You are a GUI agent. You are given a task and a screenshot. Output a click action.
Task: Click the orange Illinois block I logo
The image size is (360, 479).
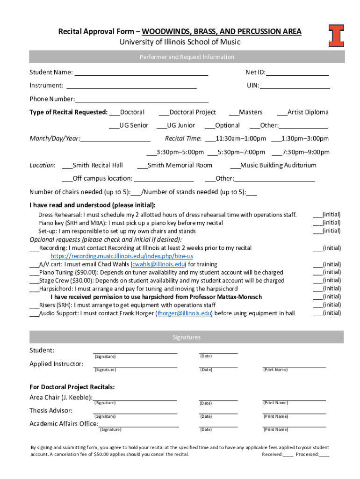[x=336, y=36]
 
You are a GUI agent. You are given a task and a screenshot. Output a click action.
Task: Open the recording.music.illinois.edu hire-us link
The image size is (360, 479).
[x=122, y=256]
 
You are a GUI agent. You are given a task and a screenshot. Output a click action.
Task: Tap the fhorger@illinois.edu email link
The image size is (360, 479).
[x=185, y=313]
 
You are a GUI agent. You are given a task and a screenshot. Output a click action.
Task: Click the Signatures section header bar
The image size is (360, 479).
[x=187, y=337]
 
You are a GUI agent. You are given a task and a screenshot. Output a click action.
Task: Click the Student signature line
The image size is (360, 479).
[x=135, y=352]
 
